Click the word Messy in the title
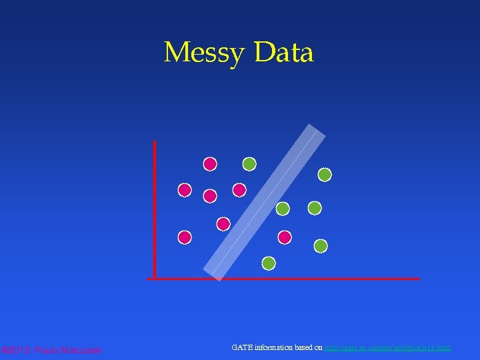pos(203,53)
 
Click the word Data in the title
pos(283,53)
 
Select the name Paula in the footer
pos(47,350)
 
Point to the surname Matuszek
pos(81,350)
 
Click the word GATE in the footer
pos(242,347)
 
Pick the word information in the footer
pos(275,347)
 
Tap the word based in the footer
pos(305,347)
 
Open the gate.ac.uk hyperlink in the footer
pos(388,347)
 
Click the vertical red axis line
pos(155,207)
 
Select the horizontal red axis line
pos(283,279)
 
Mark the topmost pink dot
pos(210,163)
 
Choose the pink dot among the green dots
pos(285,237)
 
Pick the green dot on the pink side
pos(249,163)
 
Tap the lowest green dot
pos(269,263)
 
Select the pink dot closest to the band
pos(223,223)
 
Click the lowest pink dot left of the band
pos(185,237)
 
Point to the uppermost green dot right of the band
pos(325,175)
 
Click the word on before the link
pos(319,347)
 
